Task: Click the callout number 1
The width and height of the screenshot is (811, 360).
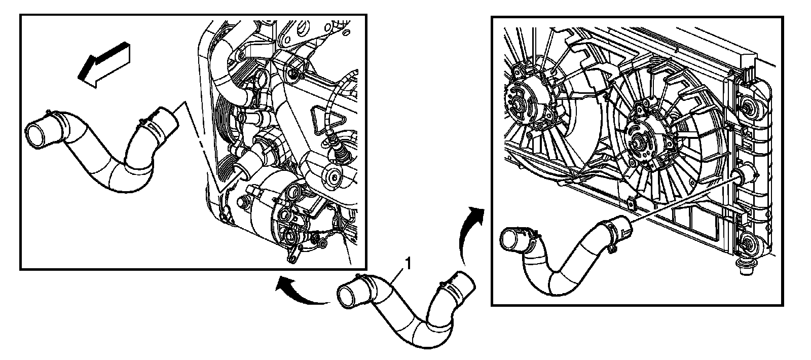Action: [x=408, y=263]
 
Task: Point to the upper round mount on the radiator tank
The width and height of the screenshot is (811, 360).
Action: [x=750, y=106]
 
